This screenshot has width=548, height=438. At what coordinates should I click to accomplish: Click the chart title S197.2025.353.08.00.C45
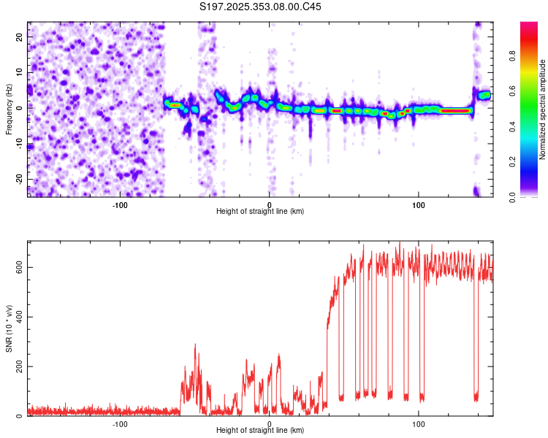coord(261,7)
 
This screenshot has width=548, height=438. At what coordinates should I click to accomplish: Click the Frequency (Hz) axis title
coord(9,107)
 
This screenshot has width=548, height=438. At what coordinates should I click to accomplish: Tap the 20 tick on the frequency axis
coord(20,36)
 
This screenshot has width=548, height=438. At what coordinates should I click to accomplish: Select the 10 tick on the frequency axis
coord(20,72)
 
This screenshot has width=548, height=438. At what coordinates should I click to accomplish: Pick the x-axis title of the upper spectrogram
coord(260,211)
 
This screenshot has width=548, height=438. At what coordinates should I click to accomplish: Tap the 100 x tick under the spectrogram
coord(419,204)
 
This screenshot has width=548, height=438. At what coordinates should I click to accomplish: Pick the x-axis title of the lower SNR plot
coord(260,430)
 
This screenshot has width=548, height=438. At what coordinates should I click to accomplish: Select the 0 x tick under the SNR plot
coord(269,423)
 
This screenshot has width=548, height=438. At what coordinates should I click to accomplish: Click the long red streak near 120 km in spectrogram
coord(455,111)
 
